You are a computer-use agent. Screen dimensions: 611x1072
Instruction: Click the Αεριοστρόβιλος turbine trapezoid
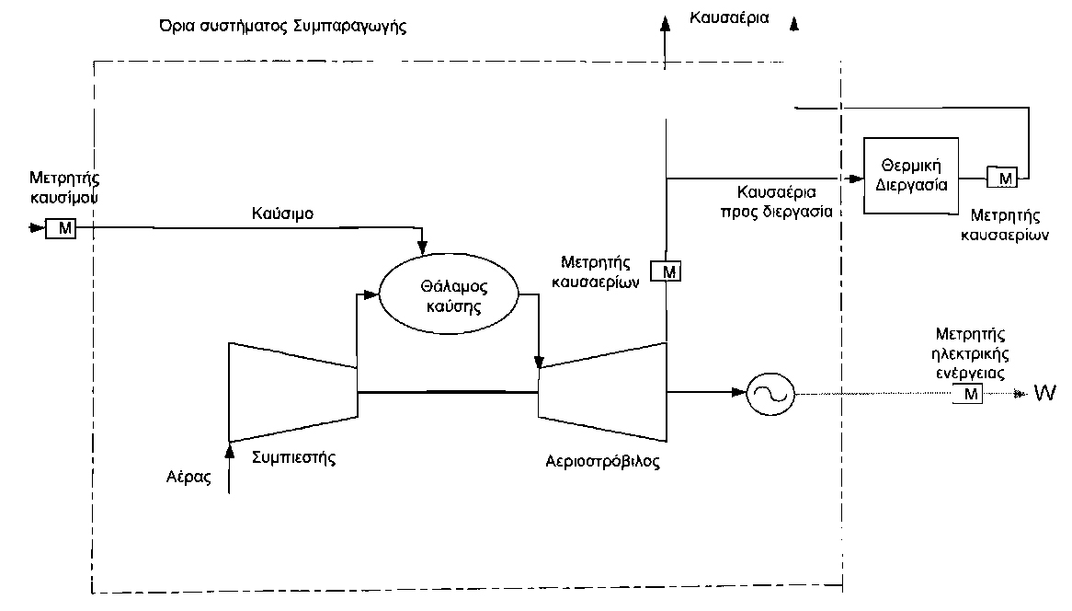click(602, 394)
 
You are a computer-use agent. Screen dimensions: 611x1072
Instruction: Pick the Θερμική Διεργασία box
click(910, 175)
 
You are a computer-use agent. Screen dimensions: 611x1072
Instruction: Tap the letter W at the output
click(1045, 394)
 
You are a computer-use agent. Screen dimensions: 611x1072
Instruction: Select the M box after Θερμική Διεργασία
click(1002, 177)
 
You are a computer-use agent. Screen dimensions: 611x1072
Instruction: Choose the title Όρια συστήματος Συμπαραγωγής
click(282, 26)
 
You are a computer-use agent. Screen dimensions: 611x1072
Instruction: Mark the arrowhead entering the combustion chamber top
click(422, 247)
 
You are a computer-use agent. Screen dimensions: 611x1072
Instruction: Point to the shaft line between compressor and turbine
click(447, 393)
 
